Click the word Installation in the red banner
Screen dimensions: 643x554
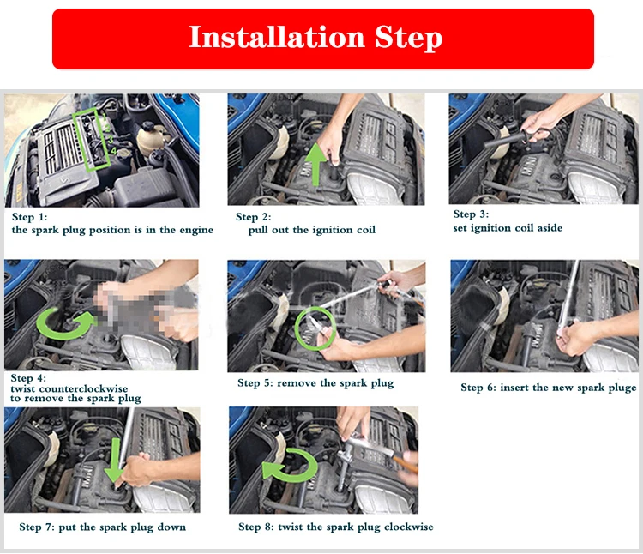pyautogui.click(x=277, y=37)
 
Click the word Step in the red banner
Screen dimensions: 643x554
pyautogui.click(x=408, y=38)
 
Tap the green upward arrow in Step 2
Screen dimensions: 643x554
pyautogui.click(x=316, y=164)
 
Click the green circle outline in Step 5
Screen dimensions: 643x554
pyautogui.click(x=296, y=328)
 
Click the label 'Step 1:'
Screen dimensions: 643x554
pyautogui.click(x=29, y=216)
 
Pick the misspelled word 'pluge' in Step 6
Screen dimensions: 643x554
pyautogui.click(x=623, y=388)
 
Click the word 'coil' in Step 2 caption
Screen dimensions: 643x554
pyautogui.click(x=366, y=230)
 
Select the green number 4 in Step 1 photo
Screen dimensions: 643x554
pyautogui.click(x=113, y=151)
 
